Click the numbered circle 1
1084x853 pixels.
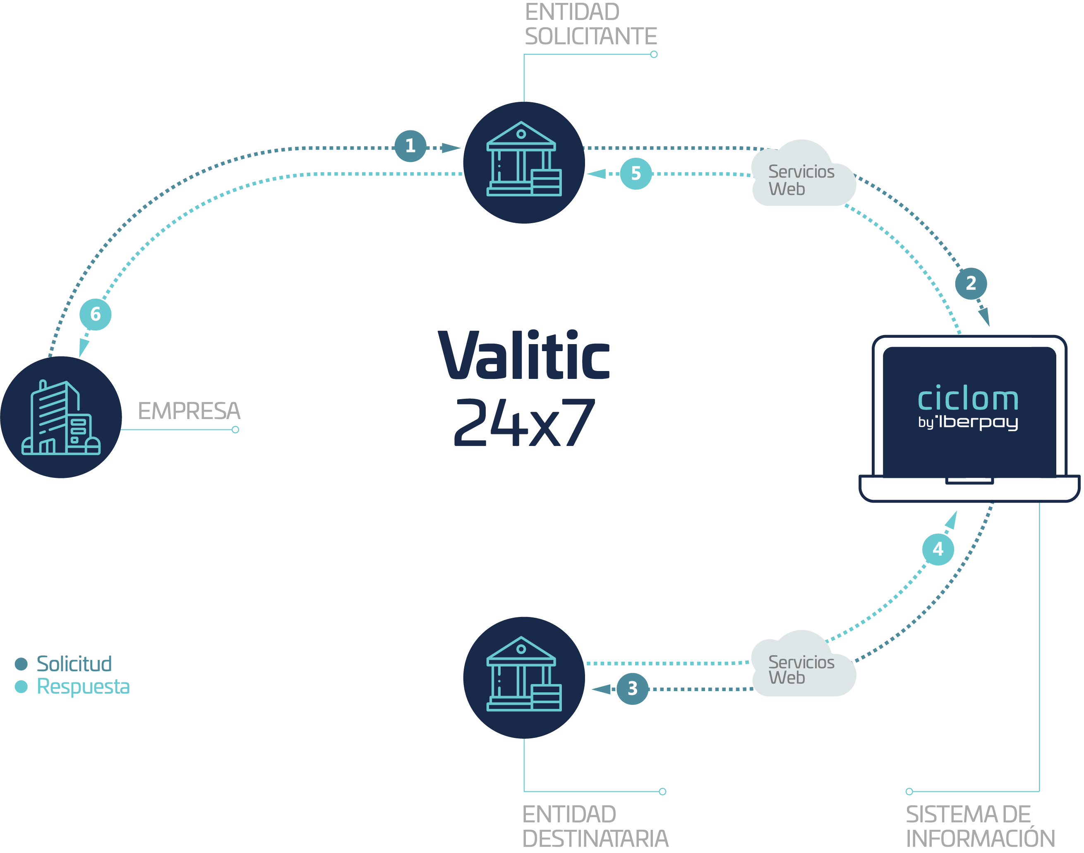pos(410,146)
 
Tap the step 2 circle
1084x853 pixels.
pos(971,284)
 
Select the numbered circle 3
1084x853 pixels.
pos(632,689)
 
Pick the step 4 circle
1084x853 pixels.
pos(938,549)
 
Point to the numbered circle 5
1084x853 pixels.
pos(636,173)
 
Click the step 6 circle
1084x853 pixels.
pos(95,314)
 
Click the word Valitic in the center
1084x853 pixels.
pos(524,355)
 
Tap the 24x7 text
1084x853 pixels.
pos(524,422)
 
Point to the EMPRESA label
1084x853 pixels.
pos(189,411)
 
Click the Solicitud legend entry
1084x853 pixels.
pos(74,664)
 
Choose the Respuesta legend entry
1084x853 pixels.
pos(83,687)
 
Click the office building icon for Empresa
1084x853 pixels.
pos(61,417)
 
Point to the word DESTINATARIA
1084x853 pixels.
pos(595,839)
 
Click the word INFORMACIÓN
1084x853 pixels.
pos(980,839)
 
